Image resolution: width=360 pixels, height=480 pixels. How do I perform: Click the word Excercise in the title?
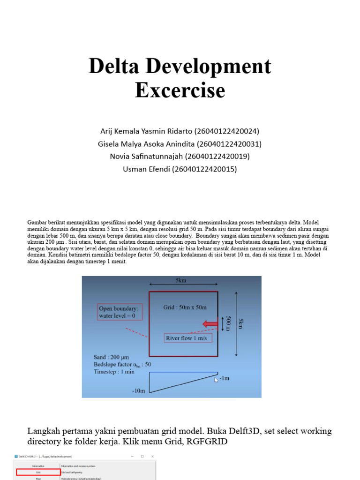coord(180,90)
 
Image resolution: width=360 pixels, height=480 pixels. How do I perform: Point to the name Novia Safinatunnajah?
coord(147,157)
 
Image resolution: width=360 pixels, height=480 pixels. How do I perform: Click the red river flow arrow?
coord(210,323)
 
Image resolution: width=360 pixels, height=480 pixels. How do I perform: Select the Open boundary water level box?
coord(120,312)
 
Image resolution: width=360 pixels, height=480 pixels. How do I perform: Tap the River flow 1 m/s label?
coord(186,338)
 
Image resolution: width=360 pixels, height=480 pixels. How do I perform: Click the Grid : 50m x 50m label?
coord(185,307)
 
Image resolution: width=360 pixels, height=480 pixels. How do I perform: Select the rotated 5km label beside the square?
coord(241,323)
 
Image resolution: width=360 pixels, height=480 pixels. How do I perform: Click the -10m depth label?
coord(140,390)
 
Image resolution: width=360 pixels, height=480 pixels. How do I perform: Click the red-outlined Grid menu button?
coord(37,472)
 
